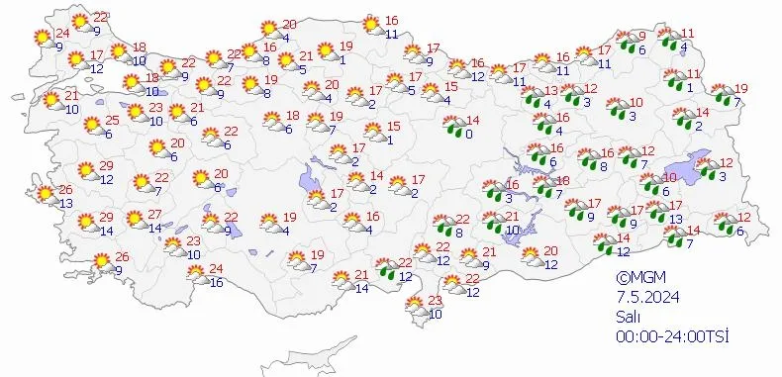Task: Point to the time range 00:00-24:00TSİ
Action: (673, 337)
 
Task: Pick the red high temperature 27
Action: (154, 215)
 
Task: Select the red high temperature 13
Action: (551, 91)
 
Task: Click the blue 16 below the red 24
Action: (216, 282)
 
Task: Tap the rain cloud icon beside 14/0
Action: (454, 126)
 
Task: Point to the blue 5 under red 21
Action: (301, 69)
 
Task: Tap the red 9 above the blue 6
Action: (641, 36)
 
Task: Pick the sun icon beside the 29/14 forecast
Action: (84, 224)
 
